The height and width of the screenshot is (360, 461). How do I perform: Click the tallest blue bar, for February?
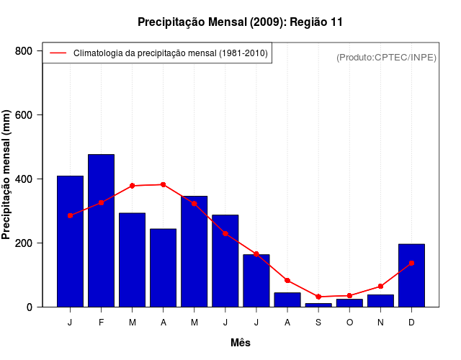click(x=101, y=230)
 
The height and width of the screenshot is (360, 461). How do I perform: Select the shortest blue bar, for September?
click(x=318, y=305)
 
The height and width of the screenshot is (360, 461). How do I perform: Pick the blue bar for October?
click(x=349, y=303)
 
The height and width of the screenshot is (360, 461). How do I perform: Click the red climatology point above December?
click(x=411, y=264)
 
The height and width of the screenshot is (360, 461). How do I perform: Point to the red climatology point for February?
click(x=101, y=203)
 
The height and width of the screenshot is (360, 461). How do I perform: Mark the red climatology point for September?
click(x=318, y=297)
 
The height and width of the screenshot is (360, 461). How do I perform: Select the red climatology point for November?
click(x=380, y=287)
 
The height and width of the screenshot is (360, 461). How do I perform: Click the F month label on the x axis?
click(x=101, y=323)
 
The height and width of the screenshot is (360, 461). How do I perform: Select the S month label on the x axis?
click(x=318, y=323)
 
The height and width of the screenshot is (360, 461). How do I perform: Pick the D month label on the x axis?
click(x=411, y=323)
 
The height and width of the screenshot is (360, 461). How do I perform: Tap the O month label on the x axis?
click(x=349, y=323)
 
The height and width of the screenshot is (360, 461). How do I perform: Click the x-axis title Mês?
click(x=241, y=343)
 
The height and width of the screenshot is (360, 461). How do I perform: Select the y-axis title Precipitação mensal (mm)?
click(x=7, y=175)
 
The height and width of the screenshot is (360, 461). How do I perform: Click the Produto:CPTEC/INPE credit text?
click(x=387, y=57)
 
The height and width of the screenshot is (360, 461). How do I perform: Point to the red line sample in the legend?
click(x=58, y=53)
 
